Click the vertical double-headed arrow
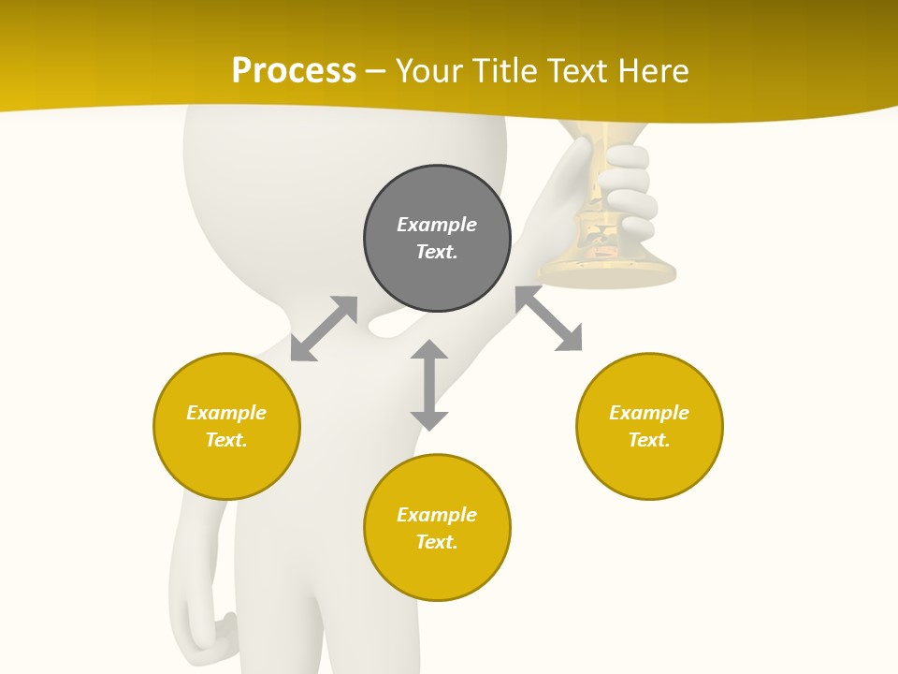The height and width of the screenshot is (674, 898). (429, 385)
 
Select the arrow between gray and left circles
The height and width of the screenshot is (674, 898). (324, 329)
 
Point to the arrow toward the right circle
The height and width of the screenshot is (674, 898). (549, 319)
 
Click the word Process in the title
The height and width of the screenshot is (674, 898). (294, 70)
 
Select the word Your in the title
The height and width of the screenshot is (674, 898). (430, 70)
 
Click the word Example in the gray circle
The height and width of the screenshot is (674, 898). (437, 225)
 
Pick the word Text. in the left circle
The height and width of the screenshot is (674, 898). (226, 440)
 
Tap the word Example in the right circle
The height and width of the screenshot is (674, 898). (649, 413)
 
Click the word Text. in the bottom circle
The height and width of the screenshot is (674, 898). (437, 542)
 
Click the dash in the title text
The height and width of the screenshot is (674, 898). (376, 71)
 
